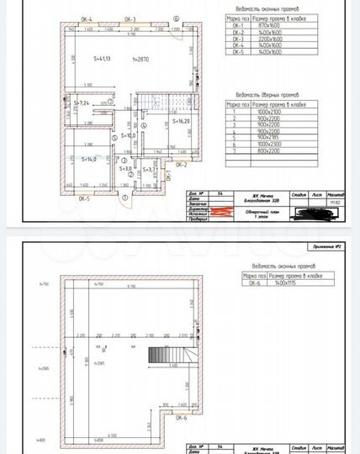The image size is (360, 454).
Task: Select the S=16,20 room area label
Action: coord(181,121)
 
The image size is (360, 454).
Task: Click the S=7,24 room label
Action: coord(82,102)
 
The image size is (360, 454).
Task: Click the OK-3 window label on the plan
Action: coord(130,18)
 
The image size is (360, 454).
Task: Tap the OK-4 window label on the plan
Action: coord(87,18)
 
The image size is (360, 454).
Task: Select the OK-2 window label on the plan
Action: coord(180,166)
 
